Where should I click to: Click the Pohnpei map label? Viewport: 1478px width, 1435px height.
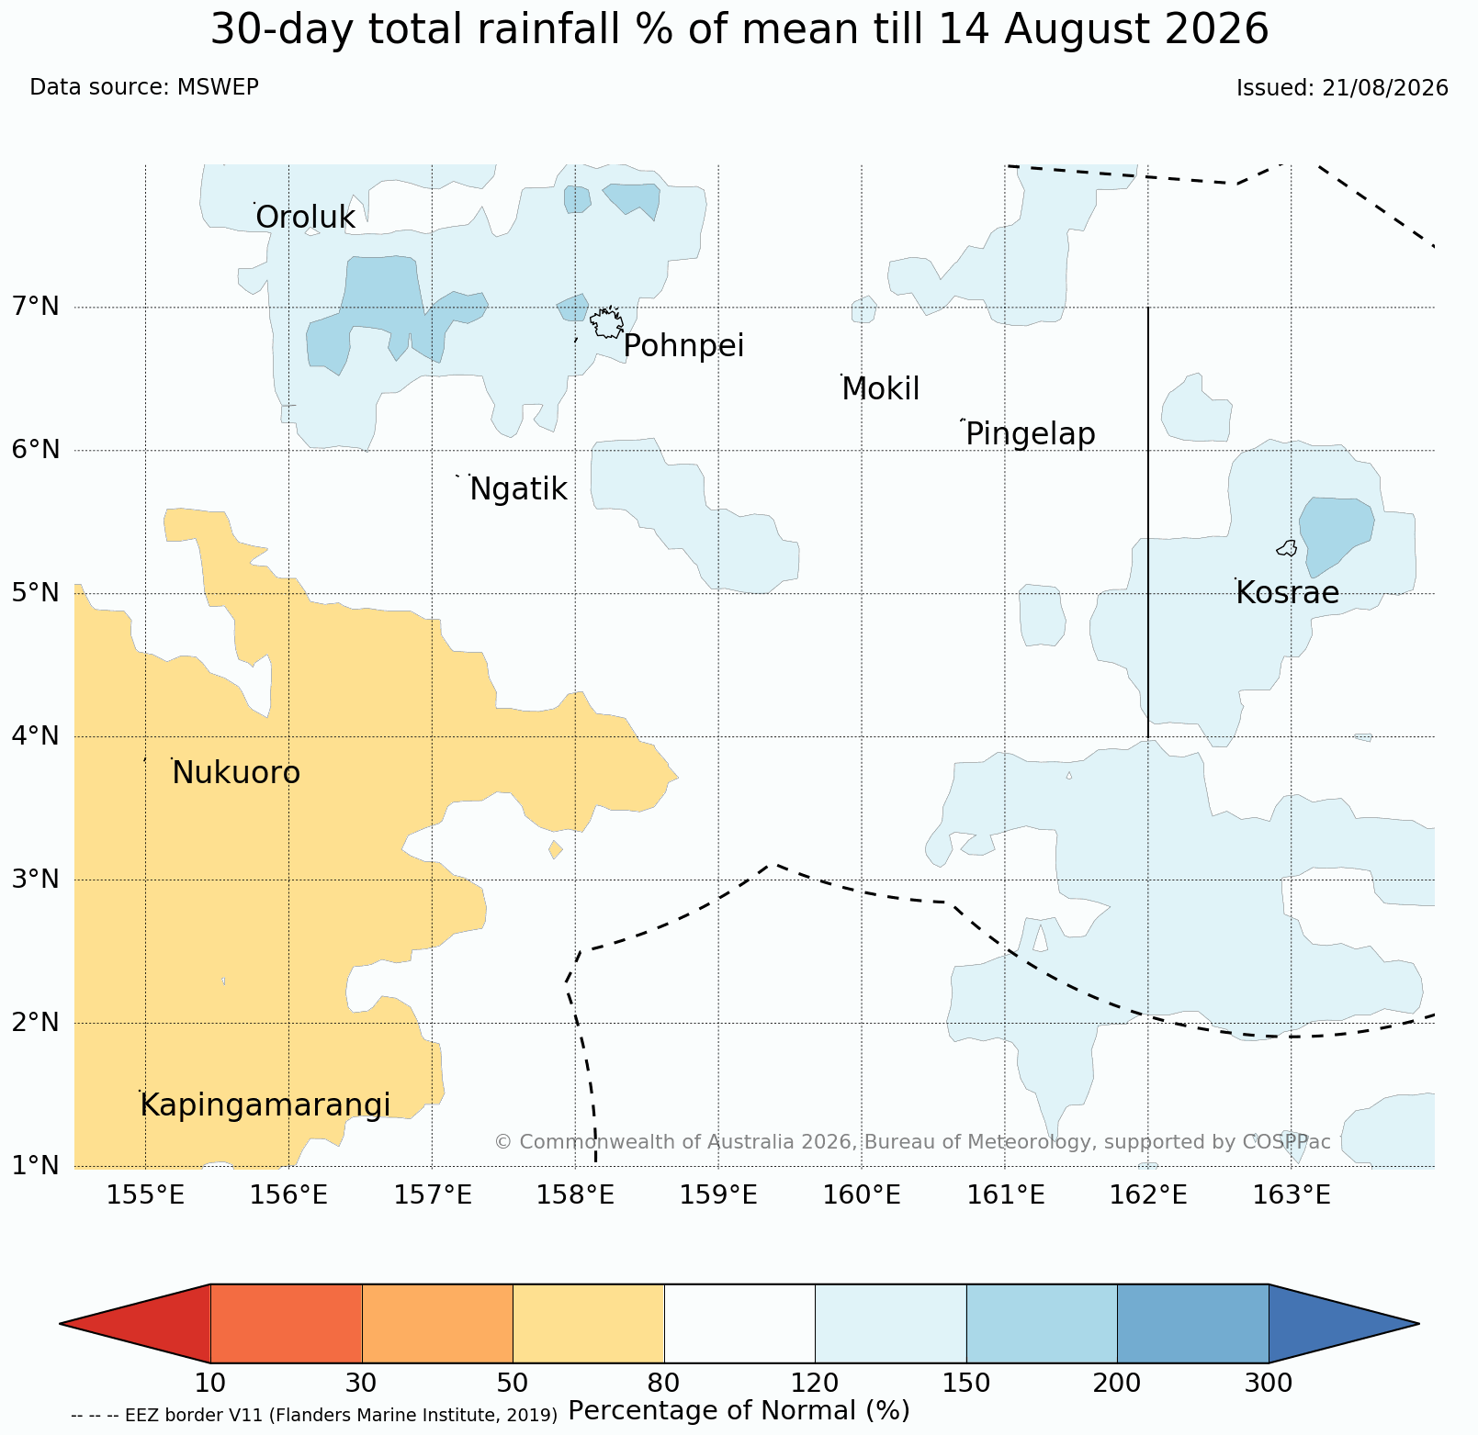[683, 347]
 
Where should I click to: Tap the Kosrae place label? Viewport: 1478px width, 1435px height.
[1287, 593]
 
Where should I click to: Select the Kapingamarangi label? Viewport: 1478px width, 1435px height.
[265, 1106]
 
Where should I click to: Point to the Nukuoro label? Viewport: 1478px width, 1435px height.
[236, 773]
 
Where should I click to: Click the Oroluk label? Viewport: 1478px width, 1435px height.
[305, 218]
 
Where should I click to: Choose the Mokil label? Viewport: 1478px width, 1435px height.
[880, 389]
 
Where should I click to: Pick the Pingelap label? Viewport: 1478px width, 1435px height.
[1031, 434]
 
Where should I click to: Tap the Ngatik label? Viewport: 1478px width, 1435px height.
[518, 490]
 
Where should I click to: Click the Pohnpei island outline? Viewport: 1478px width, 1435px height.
[607, 323]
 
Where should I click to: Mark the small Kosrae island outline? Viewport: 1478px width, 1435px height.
[1287, 548]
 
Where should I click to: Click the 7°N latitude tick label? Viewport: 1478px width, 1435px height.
[37, 306]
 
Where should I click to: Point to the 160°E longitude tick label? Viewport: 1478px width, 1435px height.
[862, 1195]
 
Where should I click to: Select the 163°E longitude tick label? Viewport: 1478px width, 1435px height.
[1292, 1195]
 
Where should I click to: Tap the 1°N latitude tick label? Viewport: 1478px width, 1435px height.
[37, 1165]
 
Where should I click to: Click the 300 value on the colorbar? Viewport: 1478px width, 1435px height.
[1269, 1383]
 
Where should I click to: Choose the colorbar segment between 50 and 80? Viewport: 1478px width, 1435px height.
[589, 1323]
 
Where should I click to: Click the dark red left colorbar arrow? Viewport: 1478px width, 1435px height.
[135, 1323]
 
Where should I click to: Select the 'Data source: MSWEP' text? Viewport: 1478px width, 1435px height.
[144, 87]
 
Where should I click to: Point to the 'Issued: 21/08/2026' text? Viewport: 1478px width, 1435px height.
[1342, 88]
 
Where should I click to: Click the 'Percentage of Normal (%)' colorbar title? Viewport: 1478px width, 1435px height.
[739, 1410]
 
